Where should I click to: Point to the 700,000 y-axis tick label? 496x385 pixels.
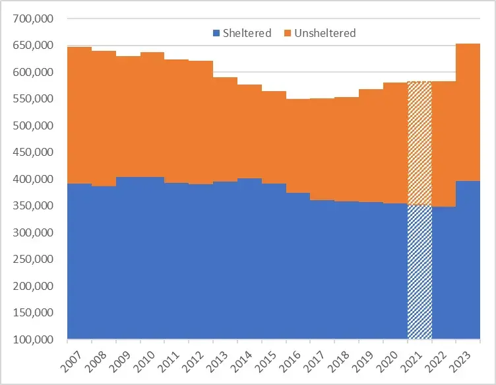(32, 18)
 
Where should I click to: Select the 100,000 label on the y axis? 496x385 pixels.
(32, 339)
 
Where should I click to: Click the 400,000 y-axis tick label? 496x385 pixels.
(32, 179)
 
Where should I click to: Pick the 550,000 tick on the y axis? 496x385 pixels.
(32, 99)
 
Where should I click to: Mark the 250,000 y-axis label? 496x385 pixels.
(32, 260)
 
